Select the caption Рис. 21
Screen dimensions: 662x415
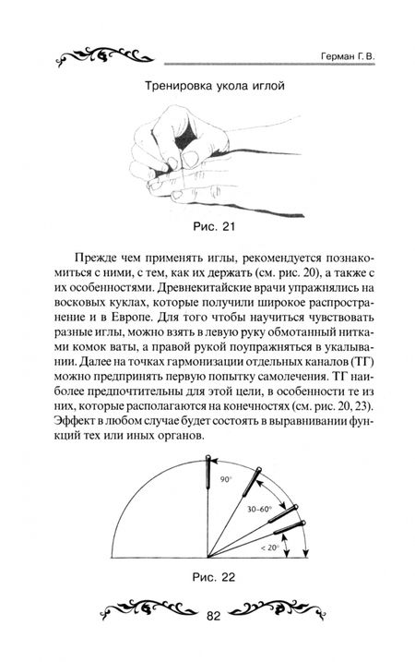207,224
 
